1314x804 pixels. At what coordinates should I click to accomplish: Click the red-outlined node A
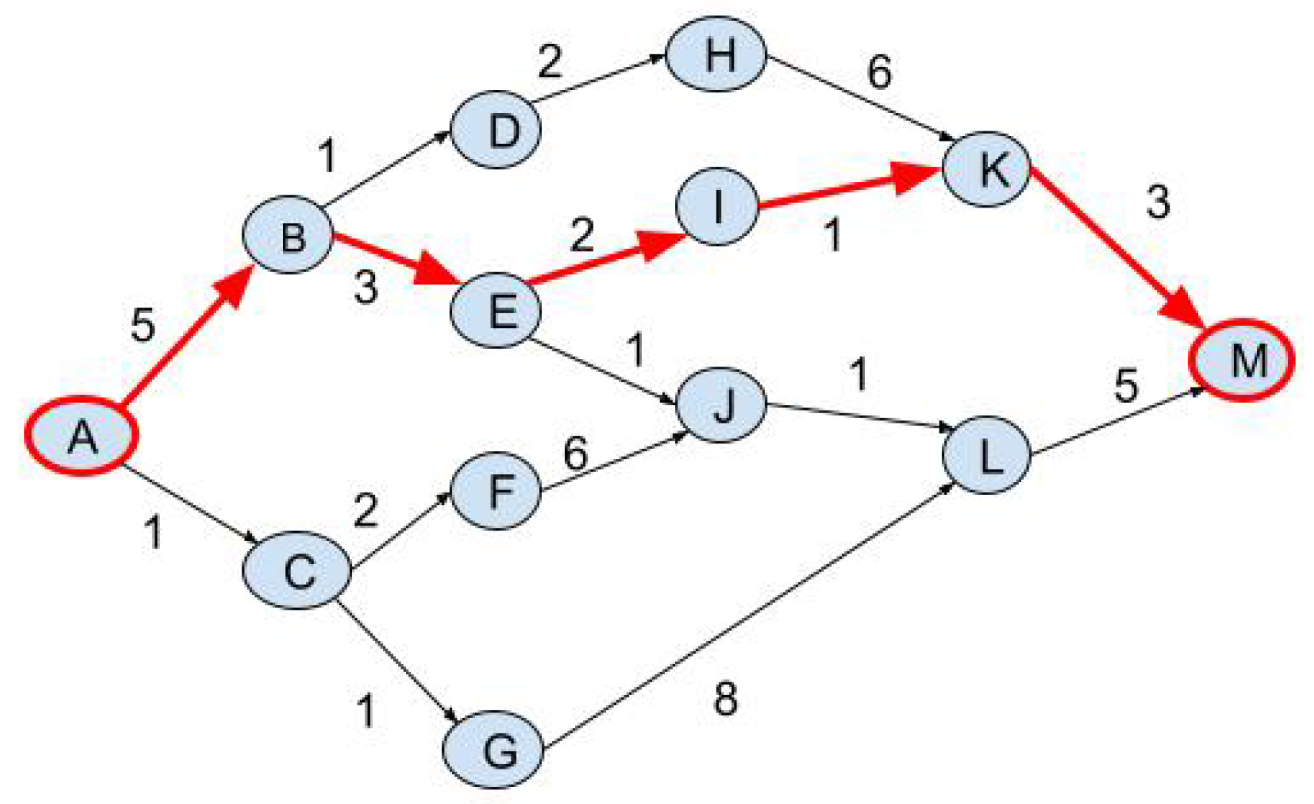coord(82,436)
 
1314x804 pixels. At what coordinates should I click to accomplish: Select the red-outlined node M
coord(1242,360)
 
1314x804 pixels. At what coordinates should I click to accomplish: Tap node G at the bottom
coord(494,749)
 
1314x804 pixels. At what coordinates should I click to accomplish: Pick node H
coord(716,55)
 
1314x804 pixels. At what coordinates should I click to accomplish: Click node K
coord(986,168)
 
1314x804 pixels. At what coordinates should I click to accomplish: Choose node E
coord(496,311)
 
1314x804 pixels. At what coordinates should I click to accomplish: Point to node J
coord(720,404)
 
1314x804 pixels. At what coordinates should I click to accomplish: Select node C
coord(297,571)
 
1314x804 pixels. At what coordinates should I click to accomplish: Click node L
coord(986,456)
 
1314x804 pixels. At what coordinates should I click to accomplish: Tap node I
coord(717,206)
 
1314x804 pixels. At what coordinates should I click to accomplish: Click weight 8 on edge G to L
coord(725,698)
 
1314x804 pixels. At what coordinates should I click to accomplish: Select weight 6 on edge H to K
coord(879,71)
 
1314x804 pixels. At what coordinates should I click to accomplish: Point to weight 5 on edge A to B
coord(142,324)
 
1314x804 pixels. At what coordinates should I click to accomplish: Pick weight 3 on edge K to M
coord(1158,202)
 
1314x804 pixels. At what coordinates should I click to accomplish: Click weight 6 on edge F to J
coord(575,453)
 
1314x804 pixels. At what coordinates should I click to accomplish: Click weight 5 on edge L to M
coord(1126,384)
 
